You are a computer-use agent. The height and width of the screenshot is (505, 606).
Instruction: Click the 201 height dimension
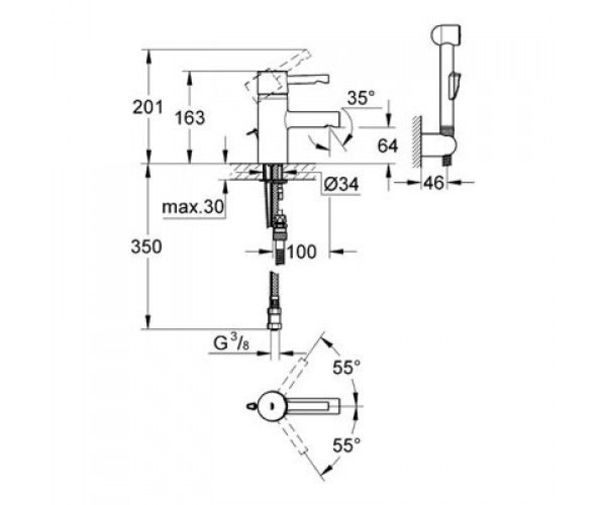147,108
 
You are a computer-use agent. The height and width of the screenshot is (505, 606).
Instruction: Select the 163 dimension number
190,118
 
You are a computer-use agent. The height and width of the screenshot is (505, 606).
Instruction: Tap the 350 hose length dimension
146,247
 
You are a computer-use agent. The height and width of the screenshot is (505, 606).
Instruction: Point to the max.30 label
193,207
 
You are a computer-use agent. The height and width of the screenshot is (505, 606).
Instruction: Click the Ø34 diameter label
341,184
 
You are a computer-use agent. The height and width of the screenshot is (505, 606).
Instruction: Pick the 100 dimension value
301,251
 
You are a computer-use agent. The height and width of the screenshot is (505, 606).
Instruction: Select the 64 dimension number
387,145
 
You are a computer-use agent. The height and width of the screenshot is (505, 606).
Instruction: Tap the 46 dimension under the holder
434,182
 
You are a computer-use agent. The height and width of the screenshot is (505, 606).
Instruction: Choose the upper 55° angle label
346,367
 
